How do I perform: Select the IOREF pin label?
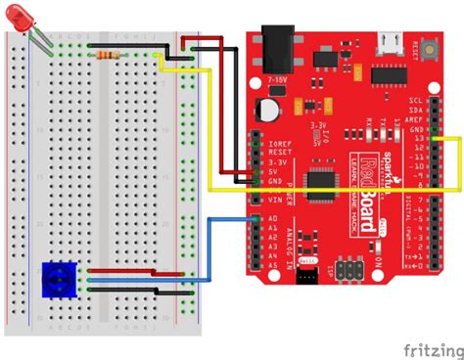(x=278, y=143)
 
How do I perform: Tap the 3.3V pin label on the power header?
(x=275, y=162)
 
